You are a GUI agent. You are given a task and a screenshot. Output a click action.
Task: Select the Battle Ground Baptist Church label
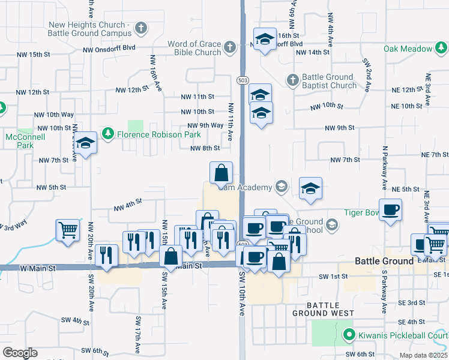point(329,81)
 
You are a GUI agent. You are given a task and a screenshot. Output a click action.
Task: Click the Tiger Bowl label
point(362,212)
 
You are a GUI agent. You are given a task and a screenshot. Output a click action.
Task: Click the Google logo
point(20,353)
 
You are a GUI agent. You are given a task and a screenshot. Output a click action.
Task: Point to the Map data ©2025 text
point(423,355)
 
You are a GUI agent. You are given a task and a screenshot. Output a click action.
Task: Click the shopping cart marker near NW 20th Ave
point(68,229)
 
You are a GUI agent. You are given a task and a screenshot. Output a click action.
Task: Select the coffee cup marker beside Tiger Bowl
point(390,209)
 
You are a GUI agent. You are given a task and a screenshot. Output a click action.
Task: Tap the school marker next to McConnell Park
point(85,143)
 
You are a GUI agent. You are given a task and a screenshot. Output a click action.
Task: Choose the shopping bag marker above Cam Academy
point(221,172)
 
